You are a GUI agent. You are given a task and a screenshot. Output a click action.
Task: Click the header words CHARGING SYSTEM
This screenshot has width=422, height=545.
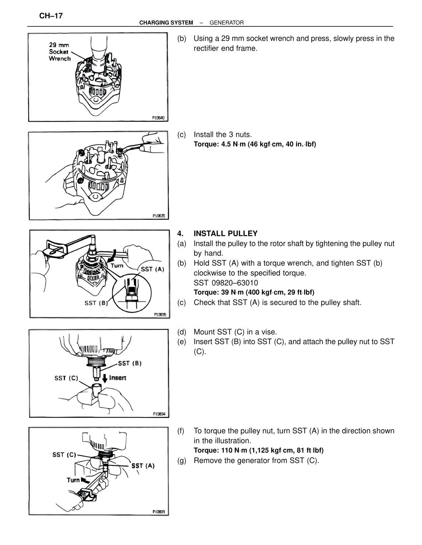[x=166, y=23]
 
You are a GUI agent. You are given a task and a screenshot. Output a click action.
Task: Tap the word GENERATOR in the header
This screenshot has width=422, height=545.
[x=227, y=23]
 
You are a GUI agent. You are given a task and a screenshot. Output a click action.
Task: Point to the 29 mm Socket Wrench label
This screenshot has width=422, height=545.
[x=60, y=52]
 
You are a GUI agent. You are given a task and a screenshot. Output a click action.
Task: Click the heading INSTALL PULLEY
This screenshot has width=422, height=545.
[x=226, y=234]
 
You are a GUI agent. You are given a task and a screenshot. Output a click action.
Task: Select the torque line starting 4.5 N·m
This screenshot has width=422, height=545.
[x=255, y=144]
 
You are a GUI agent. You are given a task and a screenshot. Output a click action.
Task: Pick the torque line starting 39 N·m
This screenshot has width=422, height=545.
[x=254, y=292]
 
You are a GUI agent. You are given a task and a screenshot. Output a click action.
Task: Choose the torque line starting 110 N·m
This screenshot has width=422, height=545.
[x=258, y=450]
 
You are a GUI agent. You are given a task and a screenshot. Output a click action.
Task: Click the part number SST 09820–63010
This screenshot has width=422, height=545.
[x=226, y=283]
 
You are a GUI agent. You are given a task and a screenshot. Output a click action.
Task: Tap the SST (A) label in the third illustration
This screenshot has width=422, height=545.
[x=152, y=269]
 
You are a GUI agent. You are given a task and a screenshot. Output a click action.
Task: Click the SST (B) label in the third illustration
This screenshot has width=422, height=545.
[x=96, y=303]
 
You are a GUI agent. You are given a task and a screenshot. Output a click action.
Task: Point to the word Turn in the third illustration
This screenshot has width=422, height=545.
[x=117, y=265]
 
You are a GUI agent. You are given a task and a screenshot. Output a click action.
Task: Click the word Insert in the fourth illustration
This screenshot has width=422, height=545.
[x=118, y=377]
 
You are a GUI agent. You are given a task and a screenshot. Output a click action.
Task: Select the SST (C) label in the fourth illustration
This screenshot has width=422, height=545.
[x=66, y=378]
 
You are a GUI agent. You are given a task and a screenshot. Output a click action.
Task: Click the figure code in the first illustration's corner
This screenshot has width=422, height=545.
[x=158, y=117]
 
